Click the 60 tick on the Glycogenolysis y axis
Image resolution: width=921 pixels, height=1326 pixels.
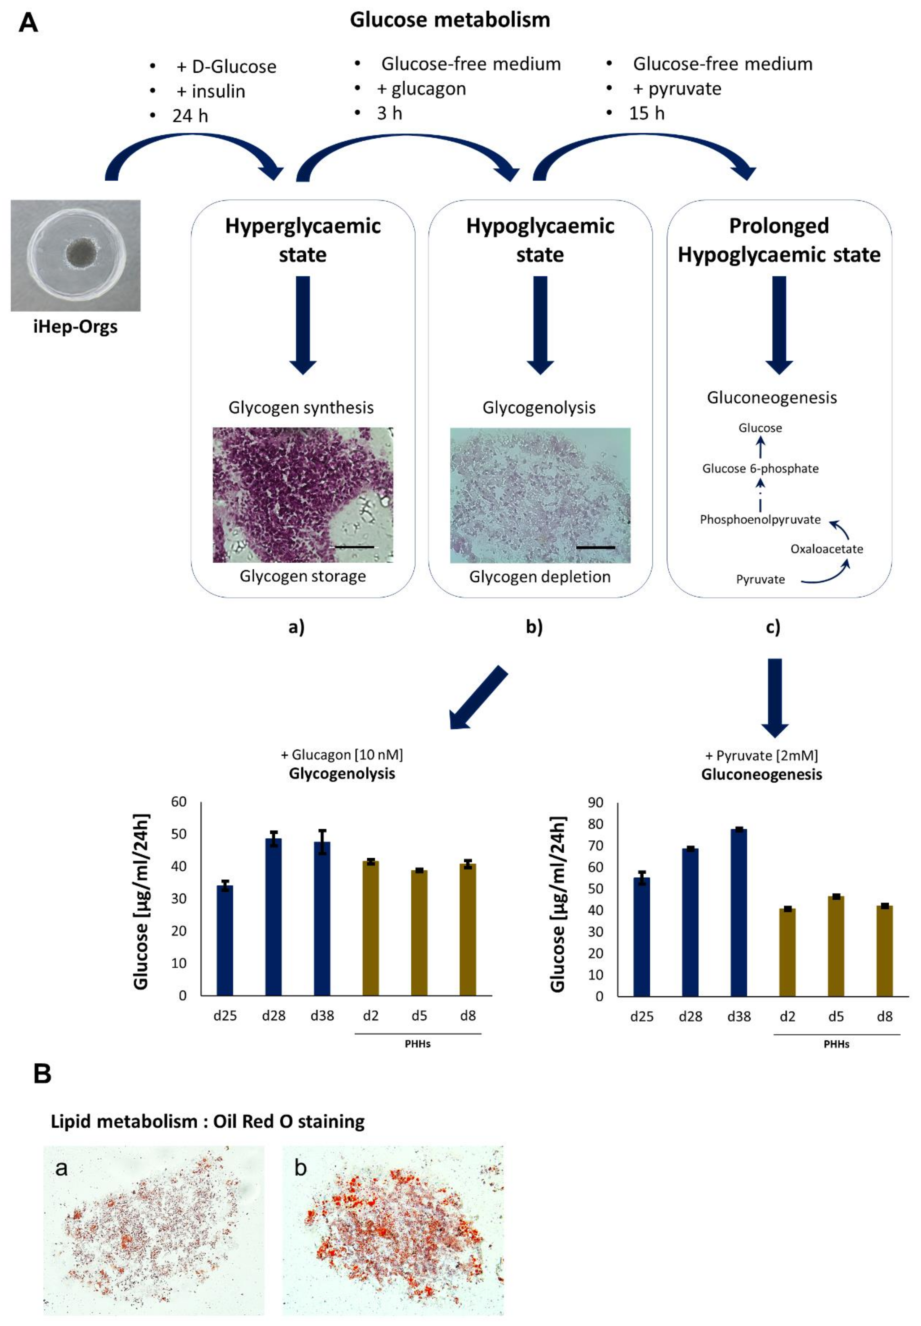pos(179,802)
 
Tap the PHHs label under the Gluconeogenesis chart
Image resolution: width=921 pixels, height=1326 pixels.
pos(836,1044)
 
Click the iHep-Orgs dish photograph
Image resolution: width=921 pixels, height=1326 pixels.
pos(76,255)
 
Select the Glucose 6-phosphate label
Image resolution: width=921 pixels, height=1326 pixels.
pos(760,468)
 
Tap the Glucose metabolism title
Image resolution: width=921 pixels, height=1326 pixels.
pos(450,20)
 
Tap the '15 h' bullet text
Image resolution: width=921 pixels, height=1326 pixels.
pos(646,114)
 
